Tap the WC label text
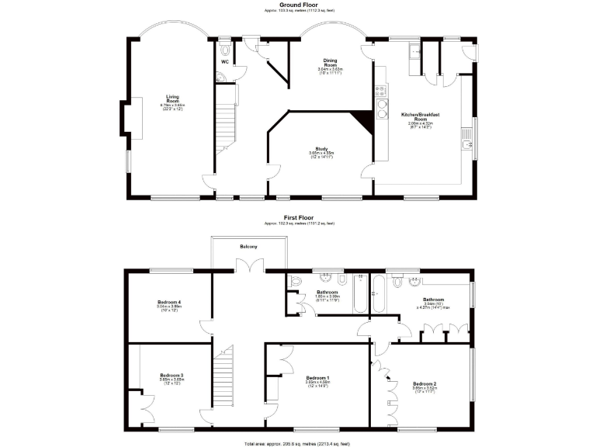click(224, 61)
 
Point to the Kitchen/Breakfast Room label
click(421, 119)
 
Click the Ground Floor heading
click(297, 4)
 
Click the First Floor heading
click(299, 218)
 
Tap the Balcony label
click(249, 247)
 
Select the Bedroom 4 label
click(169, 302)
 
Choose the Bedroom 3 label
click(171, 376)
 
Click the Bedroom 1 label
click(318, 378)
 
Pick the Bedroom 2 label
click(424, 384)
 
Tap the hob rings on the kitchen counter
click(381, 102)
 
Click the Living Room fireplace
click(126, 118)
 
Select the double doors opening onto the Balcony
click(249, 265)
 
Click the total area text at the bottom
click(297, 443)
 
